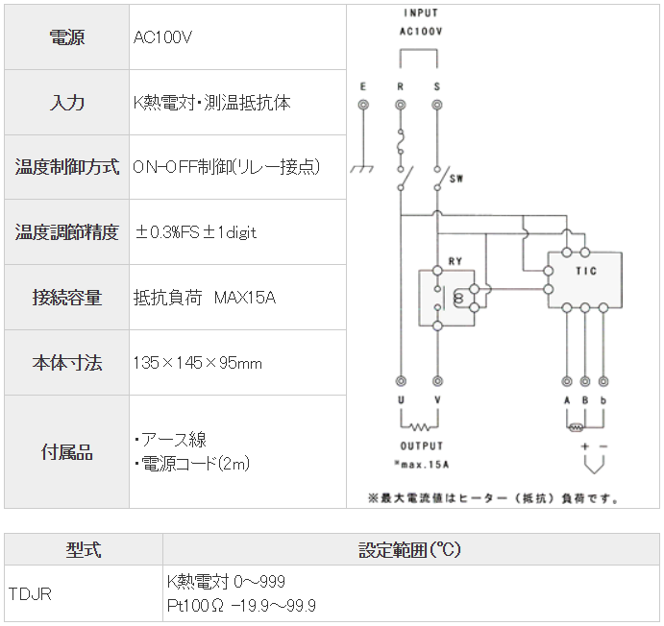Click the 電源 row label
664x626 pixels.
66,37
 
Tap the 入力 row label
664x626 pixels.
66,103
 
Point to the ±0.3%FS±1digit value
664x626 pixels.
196,232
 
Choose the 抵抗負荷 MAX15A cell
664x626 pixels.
205,298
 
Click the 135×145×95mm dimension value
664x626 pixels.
198,363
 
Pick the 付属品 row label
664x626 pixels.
66,452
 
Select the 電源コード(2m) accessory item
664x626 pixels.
193,465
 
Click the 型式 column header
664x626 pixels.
84,551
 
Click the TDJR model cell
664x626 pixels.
30,593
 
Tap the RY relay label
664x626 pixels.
455,260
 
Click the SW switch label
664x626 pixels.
456,179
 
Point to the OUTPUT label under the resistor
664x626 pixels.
421,446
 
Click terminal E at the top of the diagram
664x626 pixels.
362,104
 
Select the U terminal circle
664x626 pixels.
400,381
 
